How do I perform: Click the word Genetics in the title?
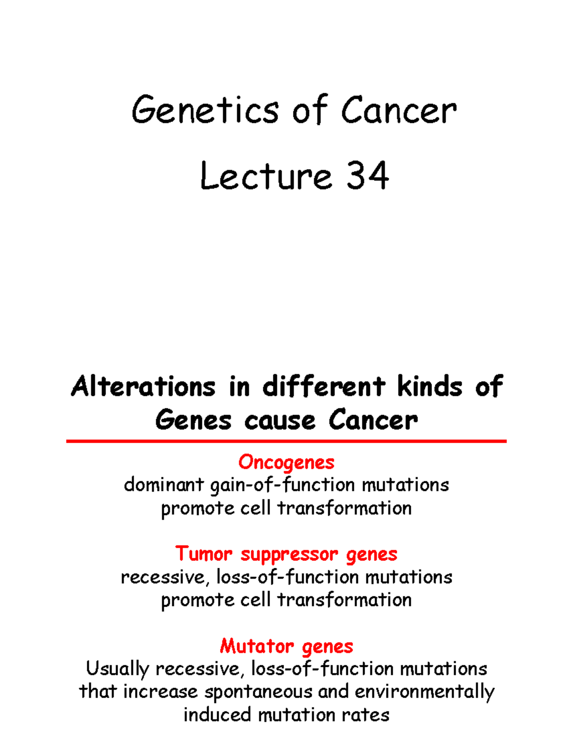coord(204,110)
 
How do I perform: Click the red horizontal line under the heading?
coord(286,441)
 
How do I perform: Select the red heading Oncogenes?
coord(286,463)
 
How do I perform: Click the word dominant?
coord(164,485)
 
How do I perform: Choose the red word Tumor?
coord(204,554)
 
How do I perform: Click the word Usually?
coord(118,669)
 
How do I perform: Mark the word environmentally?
coord(424,692)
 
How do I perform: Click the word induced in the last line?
coord(218,715)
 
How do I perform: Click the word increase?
coord(161,692)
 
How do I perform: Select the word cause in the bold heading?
coord(280,420)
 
